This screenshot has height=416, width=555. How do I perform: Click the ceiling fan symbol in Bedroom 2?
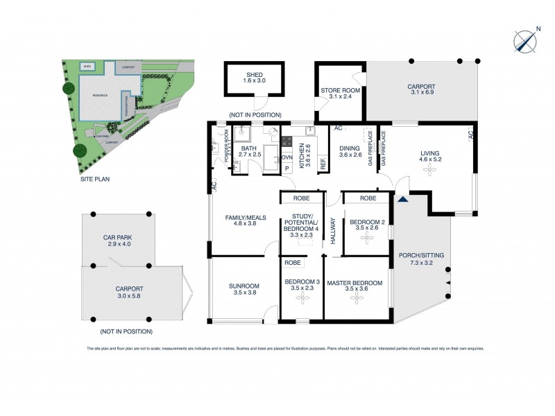[366, 238]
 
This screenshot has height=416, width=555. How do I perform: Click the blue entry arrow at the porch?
[402, 200]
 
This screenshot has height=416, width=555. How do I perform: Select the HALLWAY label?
[333, 229]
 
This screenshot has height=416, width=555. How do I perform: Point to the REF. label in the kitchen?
[323, 164]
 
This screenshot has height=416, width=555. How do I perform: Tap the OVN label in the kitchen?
[287, 157]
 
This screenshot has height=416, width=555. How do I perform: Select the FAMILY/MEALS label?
[240, 220]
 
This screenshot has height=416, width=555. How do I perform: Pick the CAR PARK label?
[117, 240]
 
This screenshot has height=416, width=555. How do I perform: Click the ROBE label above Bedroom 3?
[293, 263]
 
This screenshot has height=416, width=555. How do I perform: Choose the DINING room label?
[350, 150]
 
